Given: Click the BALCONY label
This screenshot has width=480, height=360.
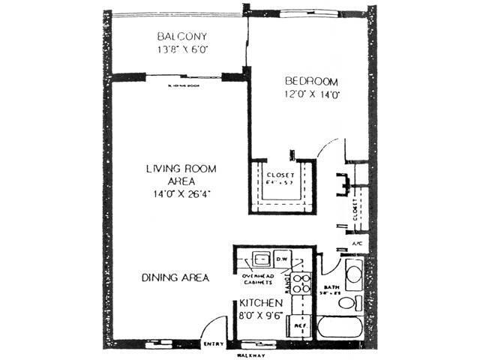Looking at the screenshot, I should [x=181, y=37].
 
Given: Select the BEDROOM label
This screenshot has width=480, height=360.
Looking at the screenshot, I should [x=311, y=81].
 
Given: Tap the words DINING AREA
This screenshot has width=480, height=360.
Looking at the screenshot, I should [x=175, y=277].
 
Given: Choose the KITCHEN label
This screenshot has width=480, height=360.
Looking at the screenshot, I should [x=260, y=302].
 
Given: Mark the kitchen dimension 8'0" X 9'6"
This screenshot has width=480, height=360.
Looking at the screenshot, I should [x=260, y=316].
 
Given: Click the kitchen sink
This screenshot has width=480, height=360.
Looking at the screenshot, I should [x=261, y=259].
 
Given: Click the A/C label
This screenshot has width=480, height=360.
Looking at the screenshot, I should [x=357, y=245].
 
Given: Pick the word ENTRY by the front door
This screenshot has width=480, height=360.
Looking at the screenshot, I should [x=214, y=344].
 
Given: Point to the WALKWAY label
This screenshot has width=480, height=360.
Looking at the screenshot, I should [x=253, y=354].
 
